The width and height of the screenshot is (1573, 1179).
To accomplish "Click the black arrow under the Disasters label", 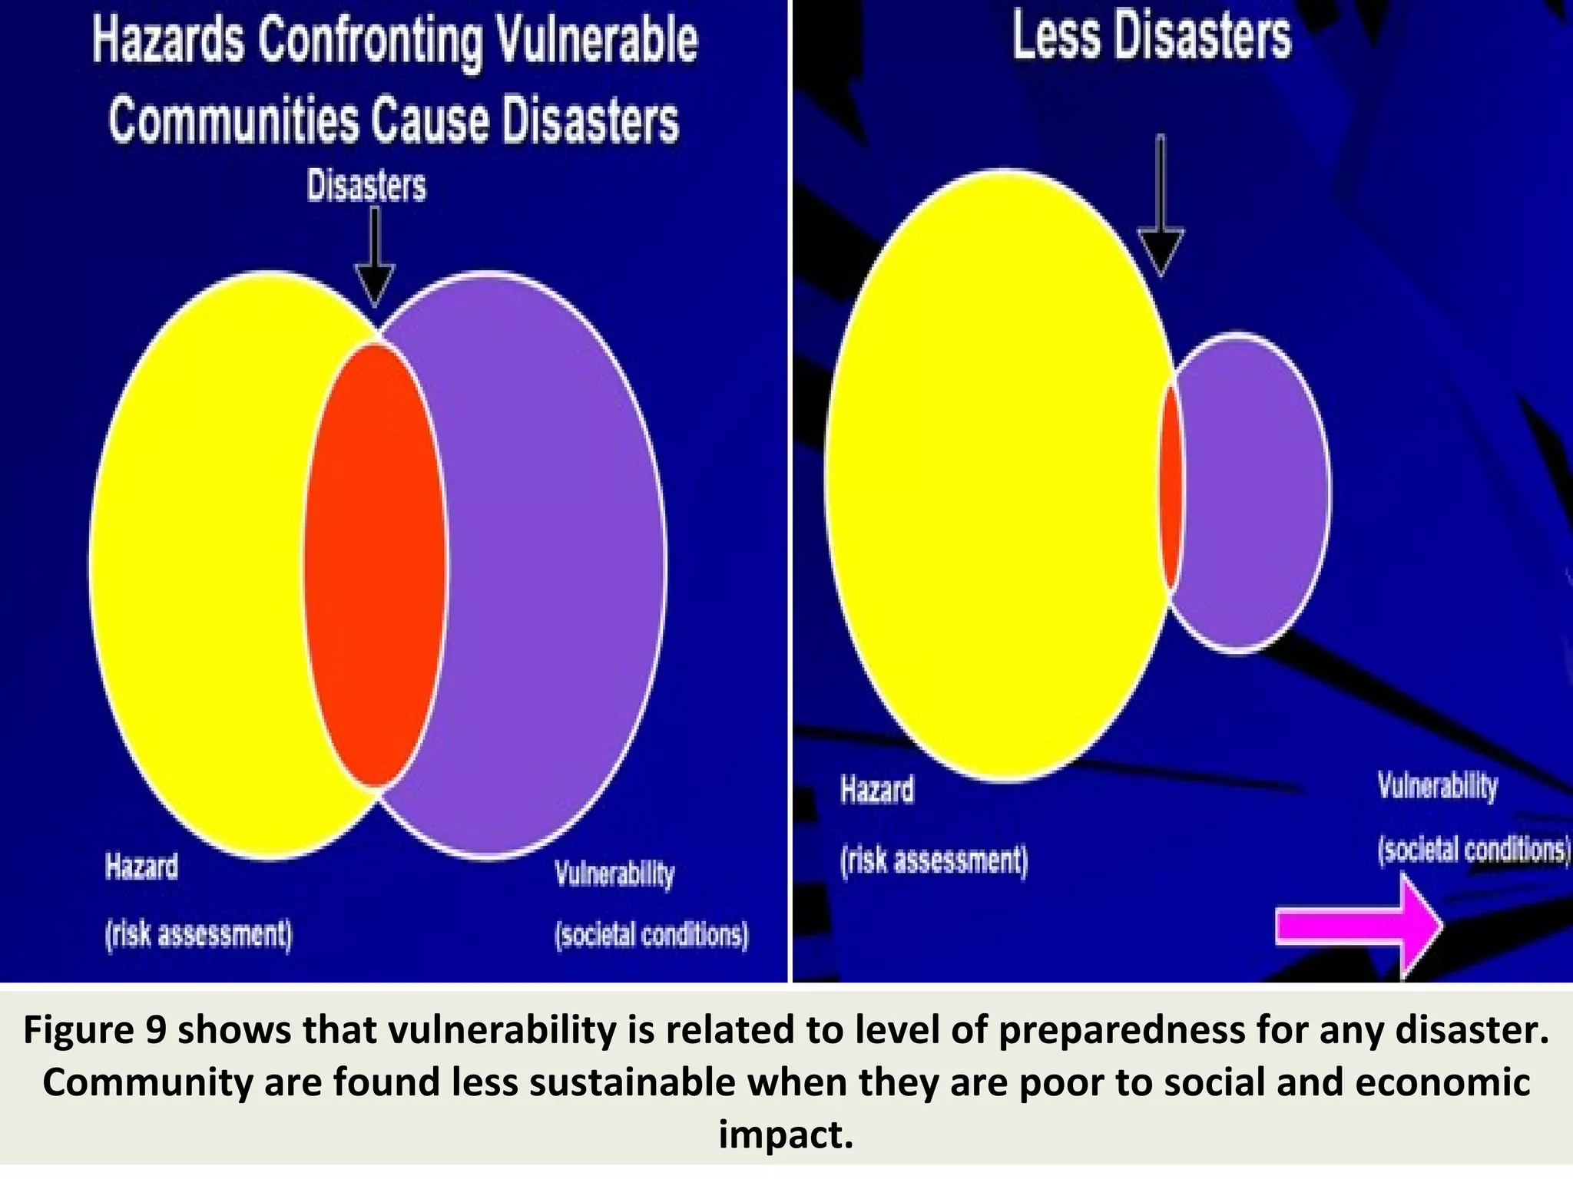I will (x=375, y=261).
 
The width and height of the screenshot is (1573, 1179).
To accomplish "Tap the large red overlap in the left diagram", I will (x=375, y=564).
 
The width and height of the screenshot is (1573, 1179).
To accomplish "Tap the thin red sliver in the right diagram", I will (x=1171, y=487).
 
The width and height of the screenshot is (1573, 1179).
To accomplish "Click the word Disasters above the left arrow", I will (x=366, y=186).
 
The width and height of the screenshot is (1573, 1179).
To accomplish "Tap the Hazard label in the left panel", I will (x=142, y=867).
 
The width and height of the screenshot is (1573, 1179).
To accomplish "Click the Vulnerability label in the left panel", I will (x=614, y=874).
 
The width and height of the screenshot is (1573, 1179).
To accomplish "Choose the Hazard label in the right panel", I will (x=877, y=790).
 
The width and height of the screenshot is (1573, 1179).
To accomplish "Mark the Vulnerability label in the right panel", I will (x=1437, y=786).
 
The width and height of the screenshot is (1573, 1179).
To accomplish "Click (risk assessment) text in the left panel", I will (x=199, y=934).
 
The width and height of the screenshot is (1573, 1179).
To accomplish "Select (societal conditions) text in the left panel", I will (x=651, y=935).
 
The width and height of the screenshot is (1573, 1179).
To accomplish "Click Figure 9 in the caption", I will (x=94, y=1030).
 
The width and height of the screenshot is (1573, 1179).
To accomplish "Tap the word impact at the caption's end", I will (x=786, y=1134).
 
